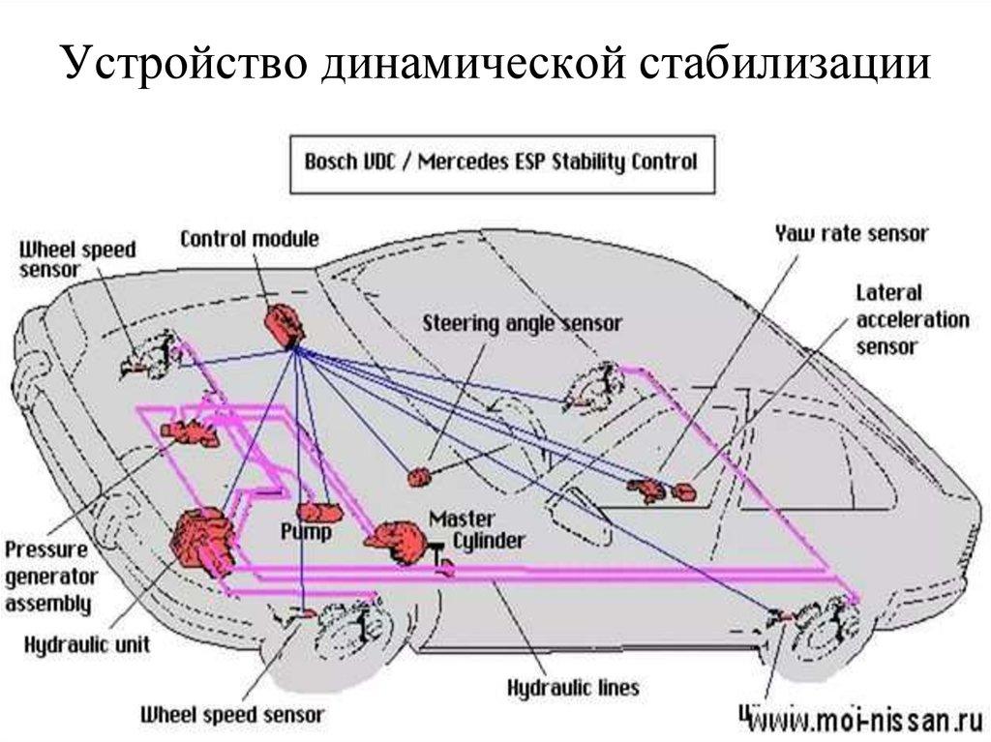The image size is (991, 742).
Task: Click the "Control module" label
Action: coord(249,239)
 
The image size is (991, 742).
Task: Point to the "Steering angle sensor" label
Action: coord(522,323)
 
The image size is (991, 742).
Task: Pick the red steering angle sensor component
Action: coord(421,476)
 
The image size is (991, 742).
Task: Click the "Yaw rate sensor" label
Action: coord(851,233)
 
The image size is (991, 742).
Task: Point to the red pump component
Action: coord(319,511)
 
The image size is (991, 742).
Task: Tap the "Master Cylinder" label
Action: coord(474,529)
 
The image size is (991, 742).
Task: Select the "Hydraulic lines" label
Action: coord(574,688)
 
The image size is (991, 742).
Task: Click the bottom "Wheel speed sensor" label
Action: coord(232,716)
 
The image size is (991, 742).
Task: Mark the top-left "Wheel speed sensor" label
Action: coord(77,258)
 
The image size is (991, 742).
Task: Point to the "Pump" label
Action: coord(306,532)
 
